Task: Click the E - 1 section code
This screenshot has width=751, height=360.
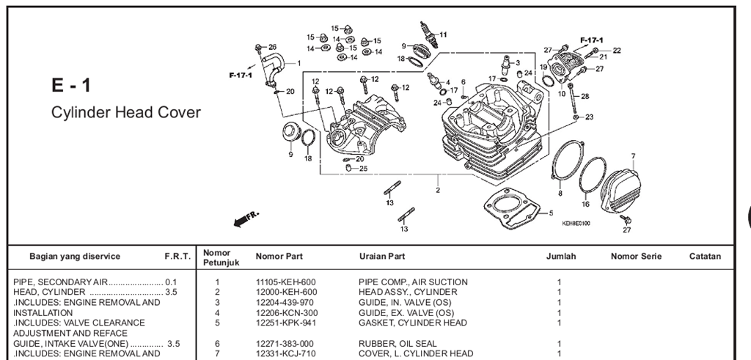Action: coord(70,86)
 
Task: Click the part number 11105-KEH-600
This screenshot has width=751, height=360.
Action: coord(285,282)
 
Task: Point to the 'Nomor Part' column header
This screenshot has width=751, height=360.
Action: coord(279,257)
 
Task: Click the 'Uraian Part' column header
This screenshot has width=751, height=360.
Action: coord(381,257)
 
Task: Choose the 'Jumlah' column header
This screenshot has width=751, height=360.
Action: coord(561,257)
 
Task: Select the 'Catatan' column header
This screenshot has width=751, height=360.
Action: coord(705,257)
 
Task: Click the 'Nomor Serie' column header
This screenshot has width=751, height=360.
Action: coord(636,257)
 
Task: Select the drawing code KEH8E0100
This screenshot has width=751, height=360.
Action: coord(576,223)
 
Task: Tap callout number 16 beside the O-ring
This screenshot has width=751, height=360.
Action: coord(585,204)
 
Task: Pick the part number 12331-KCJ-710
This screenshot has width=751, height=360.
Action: coord(285,353)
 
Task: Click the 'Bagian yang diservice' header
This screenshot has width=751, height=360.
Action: coord(75,257)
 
